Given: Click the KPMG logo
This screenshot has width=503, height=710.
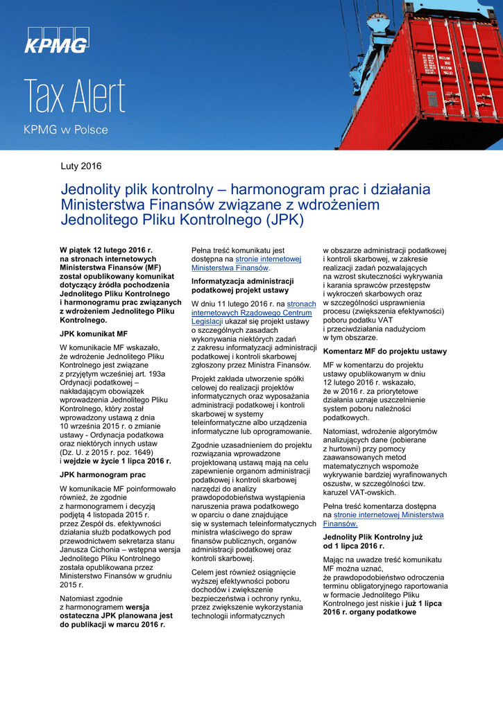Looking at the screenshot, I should coord(56,41).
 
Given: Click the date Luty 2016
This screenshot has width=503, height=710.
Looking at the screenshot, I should coord(81,166).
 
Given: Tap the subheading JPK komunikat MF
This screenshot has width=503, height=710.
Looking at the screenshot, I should coord(94,334).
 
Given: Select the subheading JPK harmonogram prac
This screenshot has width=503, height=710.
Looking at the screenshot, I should coord(103,475).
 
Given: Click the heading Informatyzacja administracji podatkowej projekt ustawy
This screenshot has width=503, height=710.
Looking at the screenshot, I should coord(242,286).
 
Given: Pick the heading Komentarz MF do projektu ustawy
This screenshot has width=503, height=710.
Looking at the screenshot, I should coord(385,352).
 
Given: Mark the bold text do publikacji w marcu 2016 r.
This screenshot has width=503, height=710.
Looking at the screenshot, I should coord(112,625).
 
